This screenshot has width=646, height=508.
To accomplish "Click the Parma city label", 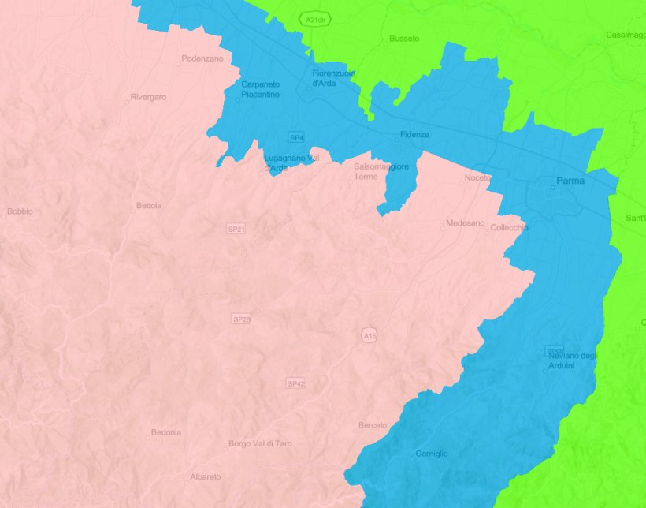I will click(570, 181).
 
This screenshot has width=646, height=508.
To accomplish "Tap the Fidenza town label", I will click(414, 134).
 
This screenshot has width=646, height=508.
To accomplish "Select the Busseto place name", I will click(404, 38).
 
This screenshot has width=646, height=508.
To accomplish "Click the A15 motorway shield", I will click(369, 336).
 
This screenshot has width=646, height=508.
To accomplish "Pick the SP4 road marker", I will click(296, 137).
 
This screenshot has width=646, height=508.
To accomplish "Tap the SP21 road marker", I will click(236, 229).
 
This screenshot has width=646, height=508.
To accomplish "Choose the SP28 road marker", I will click(242, 319).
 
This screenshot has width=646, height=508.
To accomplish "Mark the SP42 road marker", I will click(295, 383).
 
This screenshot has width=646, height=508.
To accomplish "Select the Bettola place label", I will click(149, 205).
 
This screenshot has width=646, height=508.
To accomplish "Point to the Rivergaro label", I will click(149, 97).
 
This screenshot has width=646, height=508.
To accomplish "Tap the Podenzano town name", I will click(202, 58).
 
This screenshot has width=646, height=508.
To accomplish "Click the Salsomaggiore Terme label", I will click(381, 171).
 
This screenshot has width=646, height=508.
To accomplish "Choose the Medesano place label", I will click(466, 224).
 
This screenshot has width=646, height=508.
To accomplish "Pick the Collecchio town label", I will click(509, 227).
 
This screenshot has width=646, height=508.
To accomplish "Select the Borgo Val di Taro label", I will click(260, 443).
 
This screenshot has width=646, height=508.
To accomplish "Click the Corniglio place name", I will click(432, 454).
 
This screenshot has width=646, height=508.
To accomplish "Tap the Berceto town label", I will click(373, 425).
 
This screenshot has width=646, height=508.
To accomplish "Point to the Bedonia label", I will click(165, 432).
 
